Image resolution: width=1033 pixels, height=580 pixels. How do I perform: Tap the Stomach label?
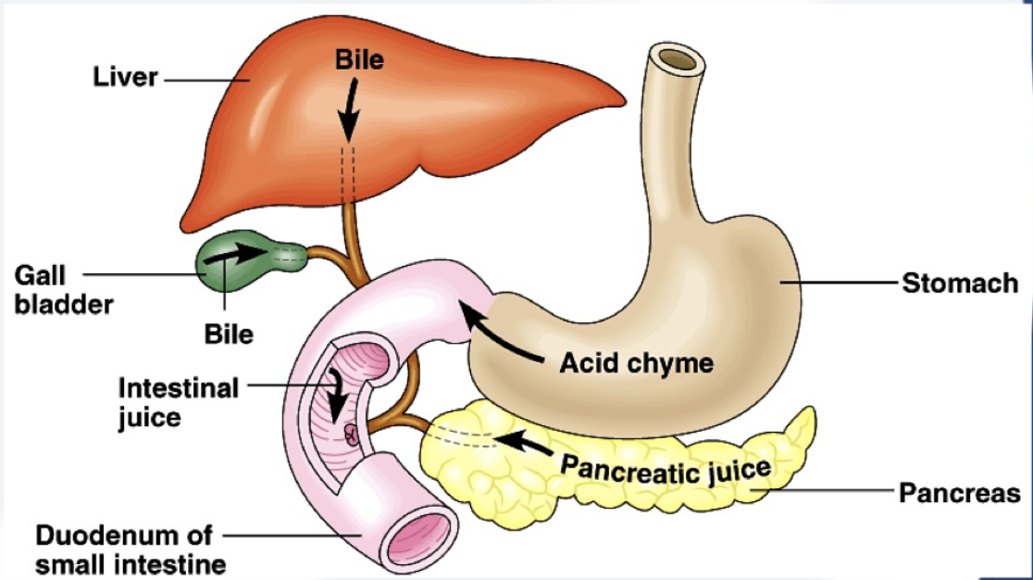click(960, 283)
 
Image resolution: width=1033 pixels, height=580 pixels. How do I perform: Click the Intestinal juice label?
click(178, 401)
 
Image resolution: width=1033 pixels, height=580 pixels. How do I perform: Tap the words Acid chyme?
click(636, 362)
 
